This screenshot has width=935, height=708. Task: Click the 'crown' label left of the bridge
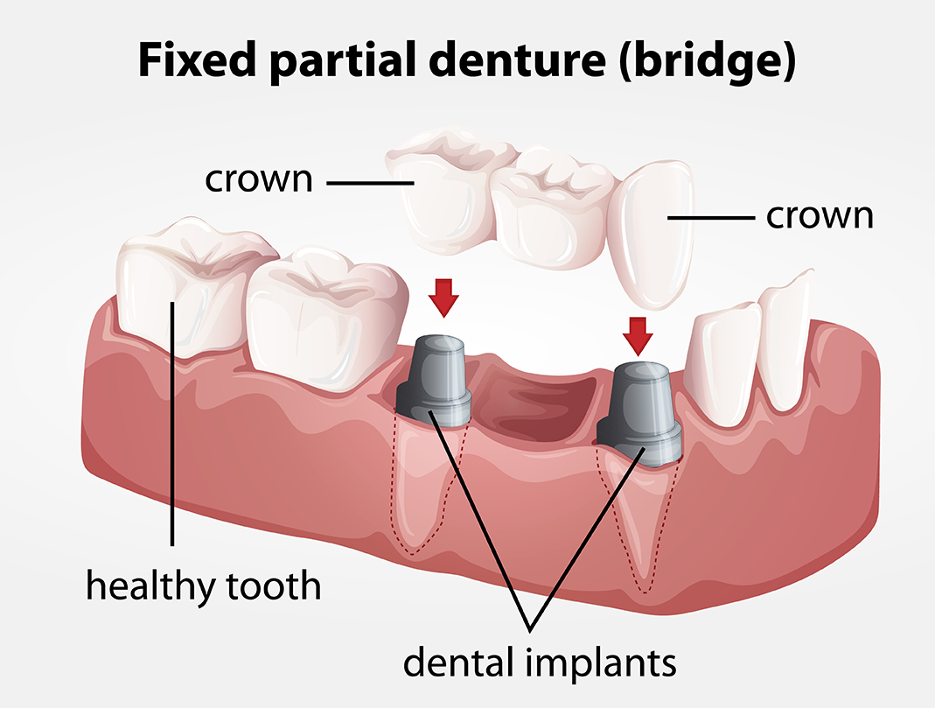tap(258, 179)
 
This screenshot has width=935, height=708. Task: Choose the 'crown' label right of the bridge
tap(820, 215)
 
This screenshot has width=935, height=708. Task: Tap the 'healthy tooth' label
tap(203, 585)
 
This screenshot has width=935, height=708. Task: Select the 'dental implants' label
tap(540, 662)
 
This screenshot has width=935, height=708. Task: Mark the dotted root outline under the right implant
tap(638, 525)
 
